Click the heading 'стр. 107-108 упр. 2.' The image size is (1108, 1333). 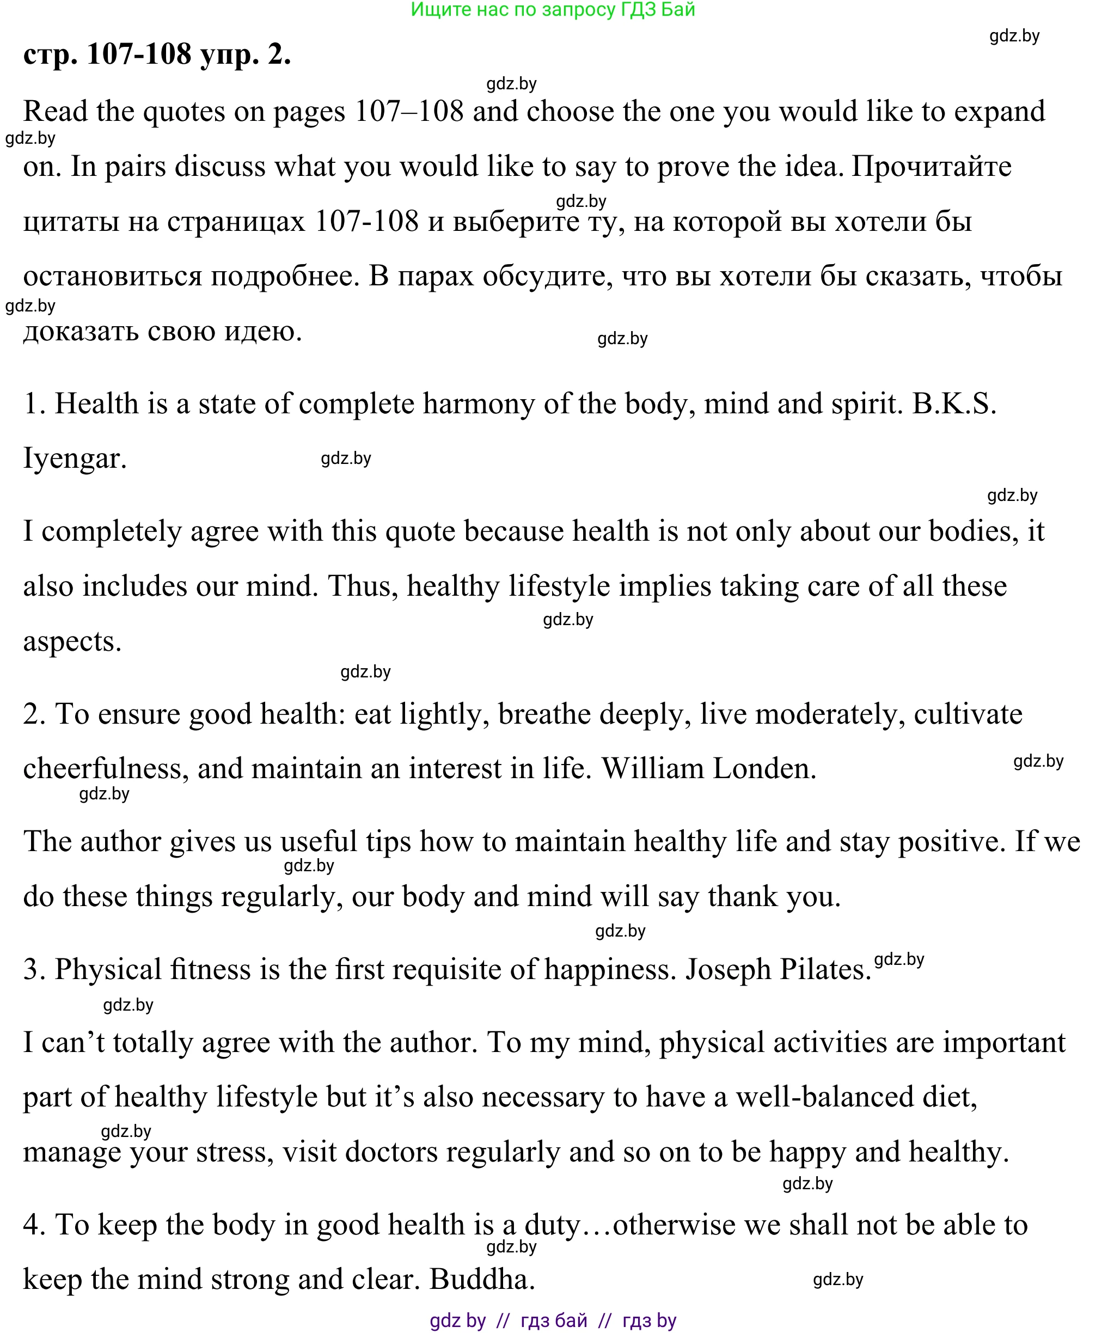[x=157, y=54]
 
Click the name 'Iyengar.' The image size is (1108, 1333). [x=75, y=458]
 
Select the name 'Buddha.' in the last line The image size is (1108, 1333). [x=482, y=1279]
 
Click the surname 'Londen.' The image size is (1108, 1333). [x=764, y=769]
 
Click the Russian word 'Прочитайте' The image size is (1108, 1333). [x=932, y=166]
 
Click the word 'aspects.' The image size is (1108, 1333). [x=72, y=641]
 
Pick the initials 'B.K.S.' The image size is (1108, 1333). [x=954, y=403]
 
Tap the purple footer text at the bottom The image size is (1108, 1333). [x=553, y=1321]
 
